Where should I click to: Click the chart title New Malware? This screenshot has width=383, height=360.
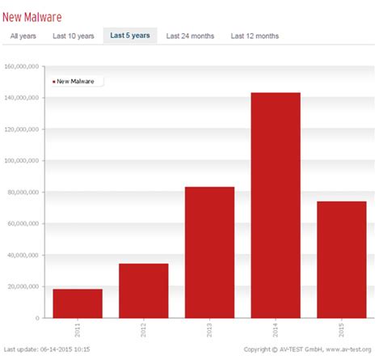coord(32,16)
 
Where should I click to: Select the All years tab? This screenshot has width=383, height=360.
coord(23,36)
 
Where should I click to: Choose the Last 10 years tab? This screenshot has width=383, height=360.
coord(74,36)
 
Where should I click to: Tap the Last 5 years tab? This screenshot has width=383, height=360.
coord(130,36)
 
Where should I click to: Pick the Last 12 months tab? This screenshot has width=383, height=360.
coord(255,36)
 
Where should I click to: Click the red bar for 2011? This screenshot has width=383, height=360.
coord(78,303)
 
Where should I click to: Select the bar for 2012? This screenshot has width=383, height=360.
coord(144,290)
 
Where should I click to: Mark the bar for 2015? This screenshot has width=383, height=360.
coord(342,259)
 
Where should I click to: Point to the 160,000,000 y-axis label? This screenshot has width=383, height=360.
coord(23,66)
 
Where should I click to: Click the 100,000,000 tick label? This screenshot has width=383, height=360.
coord(23,161)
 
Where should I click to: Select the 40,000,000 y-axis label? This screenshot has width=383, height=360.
coord(25,255)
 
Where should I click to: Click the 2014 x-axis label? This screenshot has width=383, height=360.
coord(276,332)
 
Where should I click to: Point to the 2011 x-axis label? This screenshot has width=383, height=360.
coord(78,332)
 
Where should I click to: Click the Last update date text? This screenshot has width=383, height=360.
coord(46,349)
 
